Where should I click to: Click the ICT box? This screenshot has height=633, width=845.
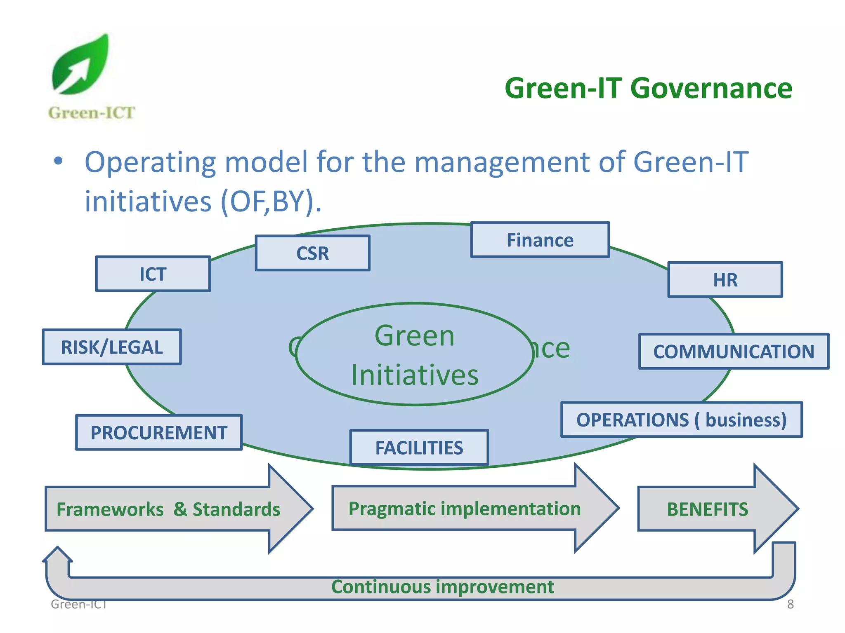pyautogui.click(x=153, y=274)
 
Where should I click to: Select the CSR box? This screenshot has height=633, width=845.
pyautogui.click(x=313, y=253)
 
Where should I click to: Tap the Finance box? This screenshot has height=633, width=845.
pyautogui.click(x=540, y=240)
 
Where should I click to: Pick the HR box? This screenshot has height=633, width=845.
pyautogui.click(x=725, y=280)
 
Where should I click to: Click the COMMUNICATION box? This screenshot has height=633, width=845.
pyautogui.click(x=734, y=352)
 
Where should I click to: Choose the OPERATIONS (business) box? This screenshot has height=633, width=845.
pyautogui.click(x=681, y=420)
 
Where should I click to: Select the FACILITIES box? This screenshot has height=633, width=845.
pyautogui.click(x=419, y=448)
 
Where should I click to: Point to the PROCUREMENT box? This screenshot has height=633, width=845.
pyautogui.click(x=159, y=433)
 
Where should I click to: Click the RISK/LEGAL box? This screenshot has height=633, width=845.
pyautogui.click(x=112, y=347)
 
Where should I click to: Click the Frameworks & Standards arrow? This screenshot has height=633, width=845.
pyautogui.click(x=168, y=509)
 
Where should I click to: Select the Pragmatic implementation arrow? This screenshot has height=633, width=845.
pyautogui.click(x=465, y=509)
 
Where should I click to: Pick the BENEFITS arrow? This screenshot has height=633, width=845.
pyautogui.click(x=707, y=509)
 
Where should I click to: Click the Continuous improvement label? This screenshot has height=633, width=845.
pyautogui.click(x=442, y=587)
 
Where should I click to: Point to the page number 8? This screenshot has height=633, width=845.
pyautogui.click(x=790, y=604)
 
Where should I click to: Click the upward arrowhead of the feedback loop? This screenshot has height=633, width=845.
pyautogui.click(x=58, y=555)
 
